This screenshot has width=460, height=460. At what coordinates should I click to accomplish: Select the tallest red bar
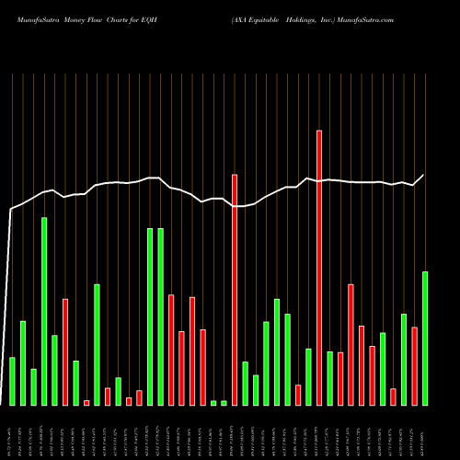(x=319, y=267)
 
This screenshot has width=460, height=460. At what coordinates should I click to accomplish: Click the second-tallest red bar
(x=235, y=289)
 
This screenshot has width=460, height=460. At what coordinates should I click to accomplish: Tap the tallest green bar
(x=44, y=311)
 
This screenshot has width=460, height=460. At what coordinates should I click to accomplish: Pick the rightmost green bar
(x=425, y=338)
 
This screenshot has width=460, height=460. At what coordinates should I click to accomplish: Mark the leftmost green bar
(x=12, y=381)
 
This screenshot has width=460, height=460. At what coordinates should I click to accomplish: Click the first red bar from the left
(x=65, y=351)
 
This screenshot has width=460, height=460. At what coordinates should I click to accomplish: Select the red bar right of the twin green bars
(x=171, y=350)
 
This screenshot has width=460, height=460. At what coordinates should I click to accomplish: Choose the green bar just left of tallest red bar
(x=309, y=376)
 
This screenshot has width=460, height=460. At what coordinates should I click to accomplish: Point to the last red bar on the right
(x=415, y=365)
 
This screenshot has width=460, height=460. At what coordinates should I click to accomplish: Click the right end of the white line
(x=424, y=175)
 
